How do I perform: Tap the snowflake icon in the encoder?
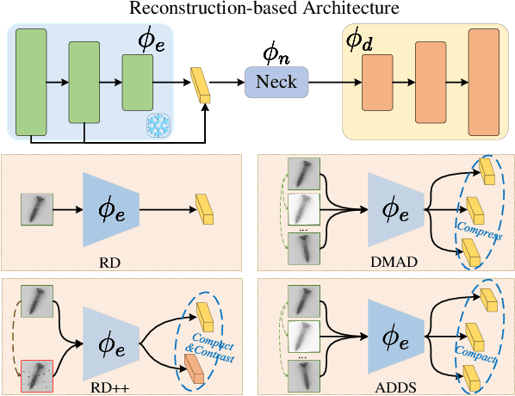click(x=158, y=125)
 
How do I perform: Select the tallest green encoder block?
click(x=31, y=83)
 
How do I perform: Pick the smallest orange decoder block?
click(x=377, y=83)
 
